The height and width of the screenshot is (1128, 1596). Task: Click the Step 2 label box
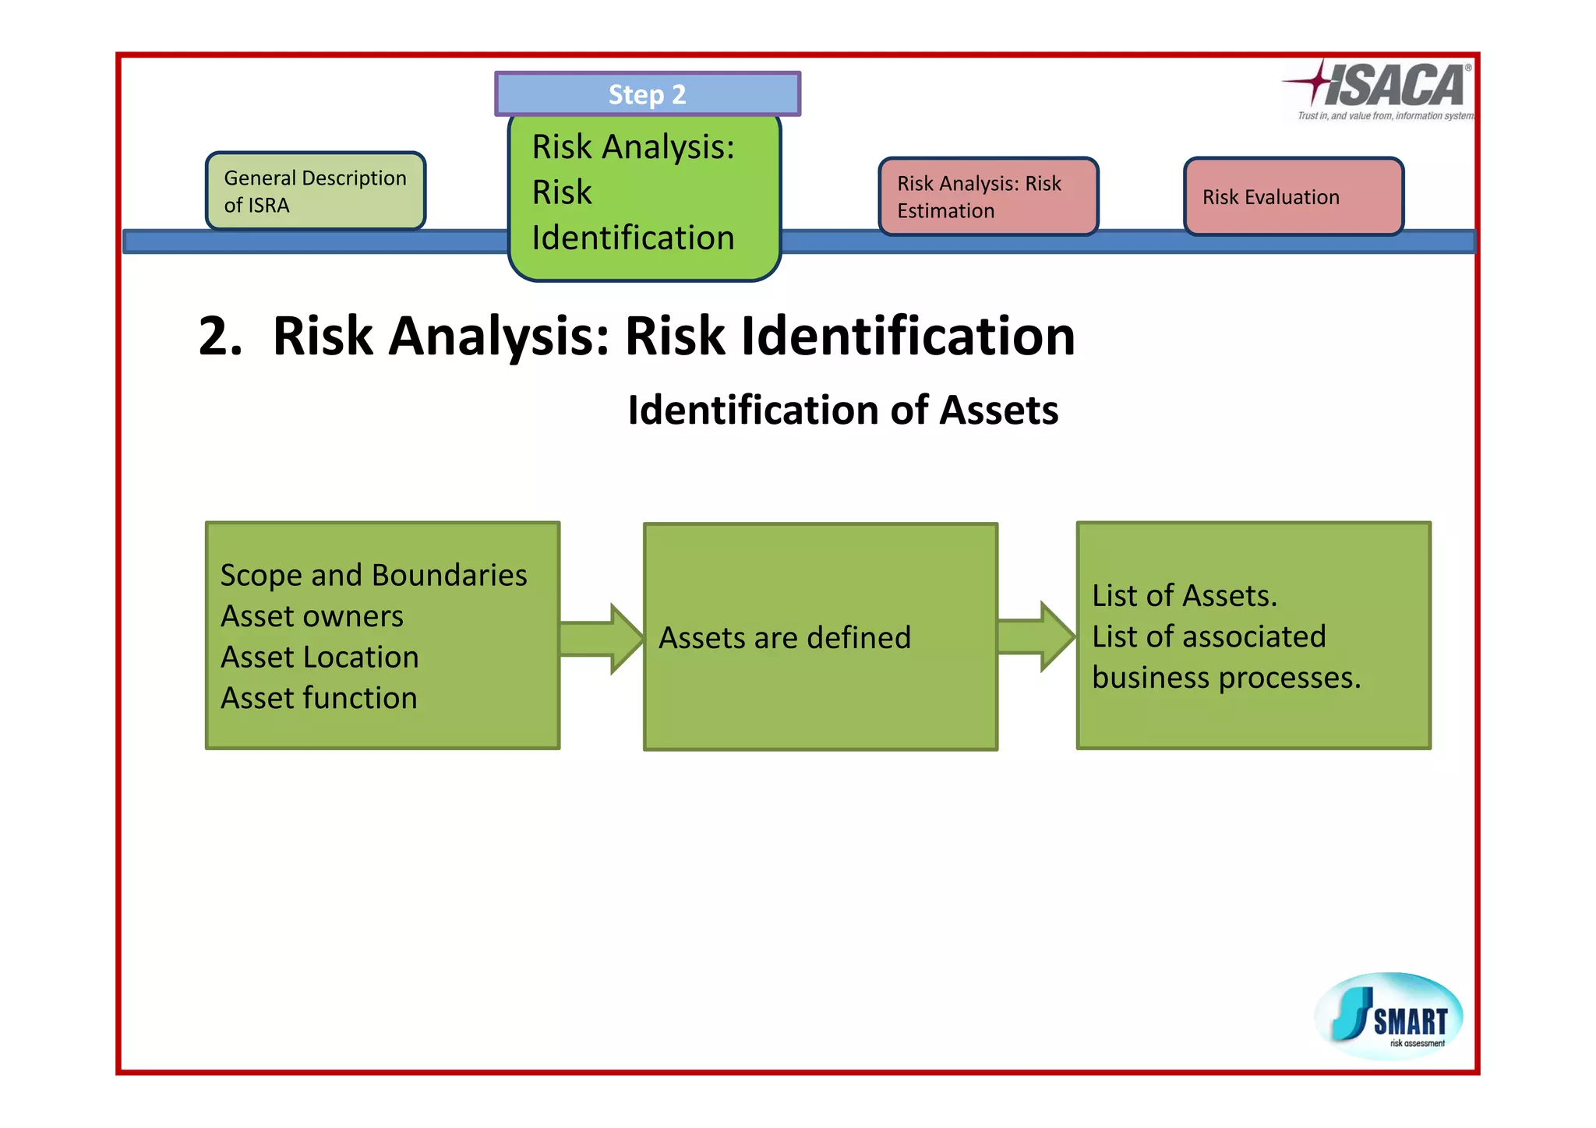(x=647, y=94)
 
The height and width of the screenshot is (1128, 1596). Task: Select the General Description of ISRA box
(x=316, y=192)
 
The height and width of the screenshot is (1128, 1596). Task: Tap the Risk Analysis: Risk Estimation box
(x=988, y=197)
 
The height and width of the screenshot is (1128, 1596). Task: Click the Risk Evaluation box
(x=1293, y=197)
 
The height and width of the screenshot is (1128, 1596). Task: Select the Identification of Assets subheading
(x=843, y=411)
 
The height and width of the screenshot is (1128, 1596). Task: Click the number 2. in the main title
(x=220, y=337)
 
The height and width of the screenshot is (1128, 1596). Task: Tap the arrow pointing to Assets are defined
(x=601, y=639)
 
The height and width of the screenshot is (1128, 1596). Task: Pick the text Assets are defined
(x=785, y=638)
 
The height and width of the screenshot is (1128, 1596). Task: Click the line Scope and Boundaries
(x=374, y=576)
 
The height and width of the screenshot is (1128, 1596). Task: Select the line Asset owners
(x=312, y=616)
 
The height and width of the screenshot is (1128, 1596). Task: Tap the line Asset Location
(x=320, y=657)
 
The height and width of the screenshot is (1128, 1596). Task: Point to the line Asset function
(x=319, y=698)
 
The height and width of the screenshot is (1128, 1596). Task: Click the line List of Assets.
(x=1185, y=596)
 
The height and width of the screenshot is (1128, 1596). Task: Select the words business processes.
(x=1226, y=678)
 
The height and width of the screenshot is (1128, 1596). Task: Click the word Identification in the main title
(x=908, y=337)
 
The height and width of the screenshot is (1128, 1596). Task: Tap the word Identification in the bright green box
(x=633, y=238)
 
